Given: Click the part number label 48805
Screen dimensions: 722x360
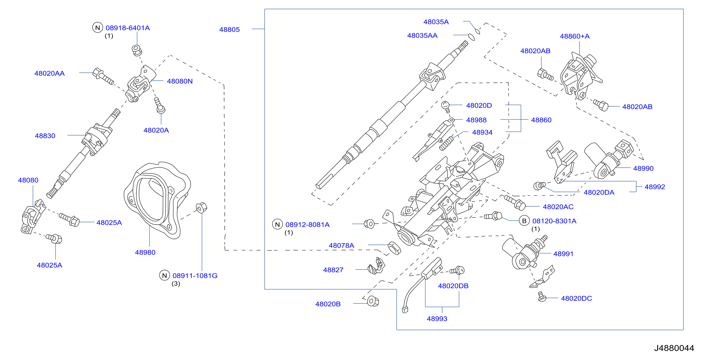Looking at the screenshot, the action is click(x=229, y=29).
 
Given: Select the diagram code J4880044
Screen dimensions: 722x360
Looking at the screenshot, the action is click(x=674, y=348).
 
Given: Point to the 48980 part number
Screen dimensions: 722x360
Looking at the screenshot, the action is click(x=145, y=252).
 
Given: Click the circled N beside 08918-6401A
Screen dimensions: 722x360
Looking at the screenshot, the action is click(x=97, y=27).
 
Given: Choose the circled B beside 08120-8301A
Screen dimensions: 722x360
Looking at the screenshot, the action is click(x=524, y=221).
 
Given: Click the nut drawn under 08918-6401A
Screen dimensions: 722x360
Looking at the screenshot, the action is click(x=137, y=50).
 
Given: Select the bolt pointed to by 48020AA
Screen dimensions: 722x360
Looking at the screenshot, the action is click(x=103, y=76).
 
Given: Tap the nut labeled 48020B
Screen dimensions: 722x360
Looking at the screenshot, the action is click(x=373, y=301).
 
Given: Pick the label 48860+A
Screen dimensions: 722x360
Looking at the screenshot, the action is click(x=575, y=36).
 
